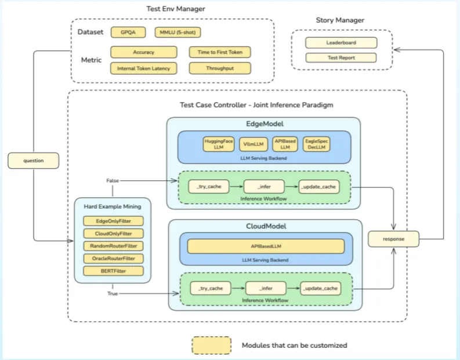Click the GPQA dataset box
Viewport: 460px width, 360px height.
[x=125, y=32]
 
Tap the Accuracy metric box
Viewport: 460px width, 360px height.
[x=143, y=52]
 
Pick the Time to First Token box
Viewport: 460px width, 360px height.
[x=220, y=52]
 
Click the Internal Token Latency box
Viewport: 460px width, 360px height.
[x=143, y=68]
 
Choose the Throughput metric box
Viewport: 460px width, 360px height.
[x=220, y=68]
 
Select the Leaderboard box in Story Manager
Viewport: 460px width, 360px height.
[x=341, y=42]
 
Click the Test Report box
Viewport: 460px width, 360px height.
[x=341, y=57]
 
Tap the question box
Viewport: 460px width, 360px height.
[x=34, y=159]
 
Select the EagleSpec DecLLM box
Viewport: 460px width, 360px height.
[x=317, y=144]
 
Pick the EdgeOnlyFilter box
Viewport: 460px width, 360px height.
[x=114, y=221]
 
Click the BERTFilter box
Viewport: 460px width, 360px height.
[x=114, y=271]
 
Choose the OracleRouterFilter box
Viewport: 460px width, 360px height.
[x=114, y=258]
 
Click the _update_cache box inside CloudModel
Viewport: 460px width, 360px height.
[x=320, y=288]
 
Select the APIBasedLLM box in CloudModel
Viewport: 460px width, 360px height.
[x=266, y=246]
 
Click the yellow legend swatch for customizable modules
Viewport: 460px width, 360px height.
[x=211, y=345]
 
